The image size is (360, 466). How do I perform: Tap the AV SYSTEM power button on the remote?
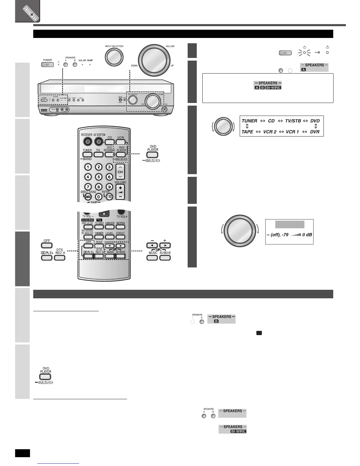click(x=99, y=142)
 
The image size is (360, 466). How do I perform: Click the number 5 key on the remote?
click(x=99, y=177)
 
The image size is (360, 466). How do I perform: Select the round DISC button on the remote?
click(x=88, y=197)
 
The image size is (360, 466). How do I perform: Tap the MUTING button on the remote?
click(x=121, y=227)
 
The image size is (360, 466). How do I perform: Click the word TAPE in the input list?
click(x=247, y=132)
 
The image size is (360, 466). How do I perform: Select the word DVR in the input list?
click(x=315, y=132)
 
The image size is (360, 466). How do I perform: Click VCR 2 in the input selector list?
click(x=270, y=132)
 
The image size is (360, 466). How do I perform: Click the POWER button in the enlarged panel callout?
click(x=47, y=64)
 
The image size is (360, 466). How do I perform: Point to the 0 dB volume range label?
click(x=307, y=235)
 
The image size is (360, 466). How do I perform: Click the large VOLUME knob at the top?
click(x=154, y=60)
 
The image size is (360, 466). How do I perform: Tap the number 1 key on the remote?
click(x=88, y=167)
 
